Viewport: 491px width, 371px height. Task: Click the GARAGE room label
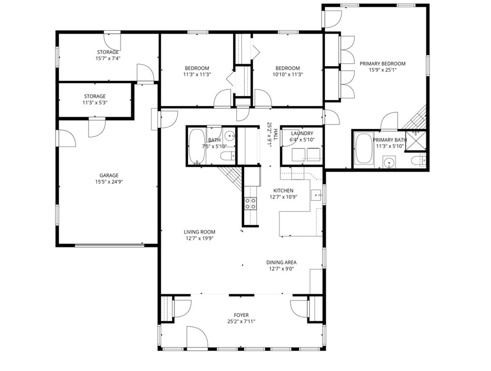tap(109, 175)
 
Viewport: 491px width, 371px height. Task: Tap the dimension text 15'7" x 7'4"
tap(108, 58)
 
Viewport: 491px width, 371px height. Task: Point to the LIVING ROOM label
tap(199, 232)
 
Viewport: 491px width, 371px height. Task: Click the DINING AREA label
tap(281, 263)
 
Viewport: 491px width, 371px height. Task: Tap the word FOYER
tap(241, 315)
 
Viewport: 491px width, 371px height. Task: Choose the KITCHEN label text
tap(283, 191)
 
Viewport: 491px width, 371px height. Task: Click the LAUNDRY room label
tap(302, 133)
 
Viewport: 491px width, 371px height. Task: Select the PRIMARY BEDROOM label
tap(382, 64)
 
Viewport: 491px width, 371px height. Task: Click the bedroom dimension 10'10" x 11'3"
tap(287, 75)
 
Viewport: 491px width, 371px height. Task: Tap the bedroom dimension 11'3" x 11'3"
tap(196, 75)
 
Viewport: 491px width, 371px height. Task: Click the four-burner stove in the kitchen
tap(250, 204)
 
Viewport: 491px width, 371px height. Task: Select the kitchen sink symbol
tap(316, 195)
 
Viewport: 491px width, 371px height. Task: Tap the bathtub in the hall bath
tap(196, 146)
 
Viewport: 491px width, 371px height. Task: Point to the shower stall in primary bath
tap(415, 140)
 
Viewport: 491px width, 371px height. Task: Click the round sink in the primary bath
tap(389, 162)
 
